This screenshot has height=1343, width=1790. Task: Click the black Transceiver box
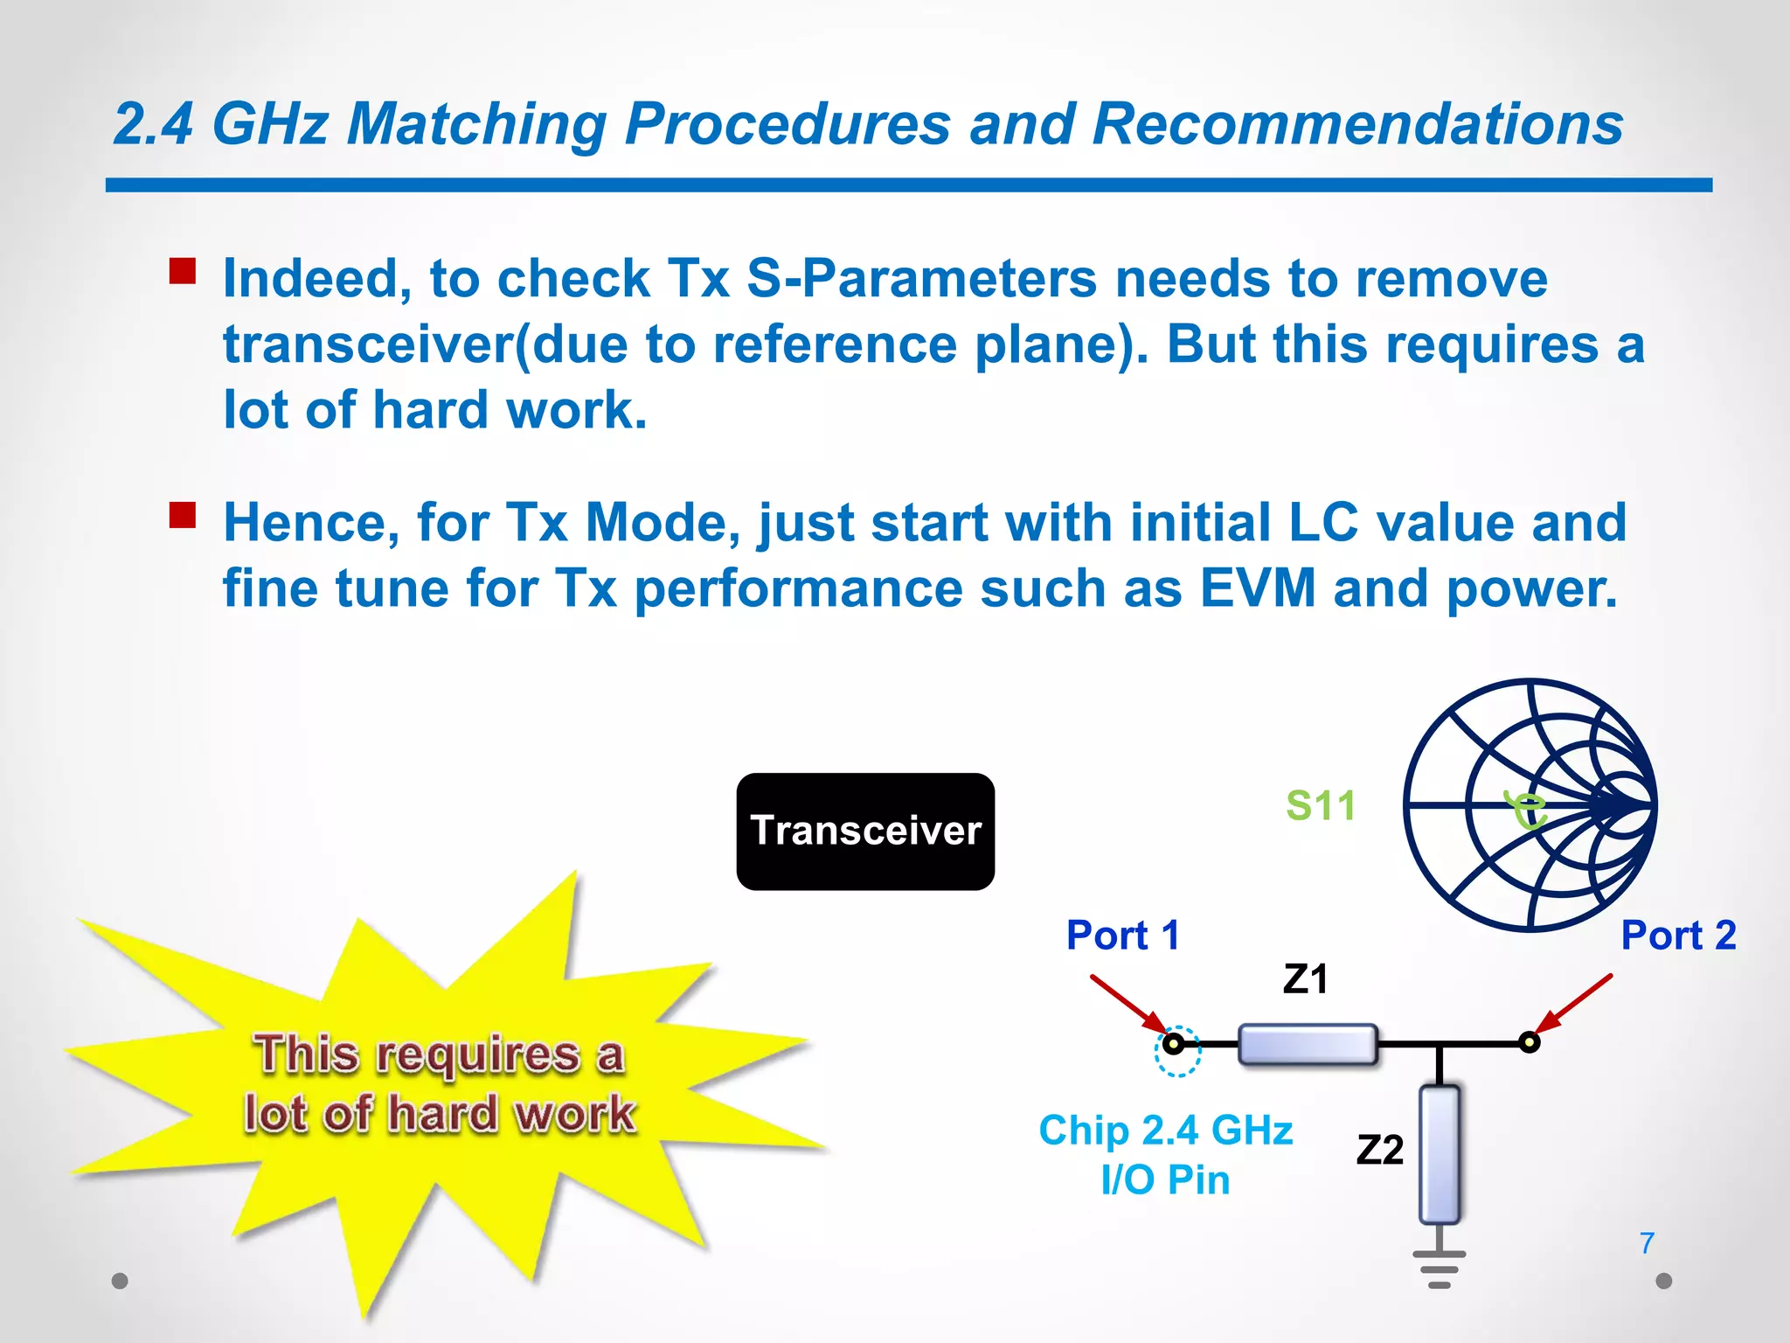point(865,831)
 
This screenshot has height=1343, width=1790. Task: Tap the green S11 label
point(1320,805)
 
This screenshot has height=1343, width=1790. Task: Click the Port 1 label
point(1123,936)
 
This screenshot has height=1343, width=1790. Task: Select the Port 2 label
point(1677,936)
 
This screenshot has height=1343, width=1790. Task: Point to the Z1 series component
point(1308,1044)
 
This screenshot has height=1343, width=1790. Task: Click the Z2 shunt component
point(1440,1154)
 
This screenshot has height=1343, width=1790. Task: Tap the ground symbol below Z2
point(1440,1269)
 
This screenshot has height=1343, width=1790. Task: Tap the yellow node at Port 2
point(1529,1042)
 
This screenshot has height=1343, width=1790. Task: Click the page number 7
point(1647,1242)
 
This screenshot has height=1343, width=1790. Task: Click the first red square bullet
point(183,271)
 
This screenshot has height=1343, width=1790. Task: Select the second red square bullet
point(183,515)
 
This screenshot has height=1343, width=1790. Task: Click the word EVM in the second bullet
point(1257,588)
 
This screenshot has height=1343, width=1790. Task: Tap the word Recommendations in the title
point(1357,124)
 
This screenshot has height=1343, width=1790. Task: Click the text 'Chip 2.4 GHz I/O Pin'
point(1165,1154)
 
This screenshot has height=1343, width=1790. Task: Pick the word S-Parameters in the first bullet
point(921,279)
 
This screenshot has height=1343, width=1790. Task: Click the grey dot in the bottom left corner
point(121,1281)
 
